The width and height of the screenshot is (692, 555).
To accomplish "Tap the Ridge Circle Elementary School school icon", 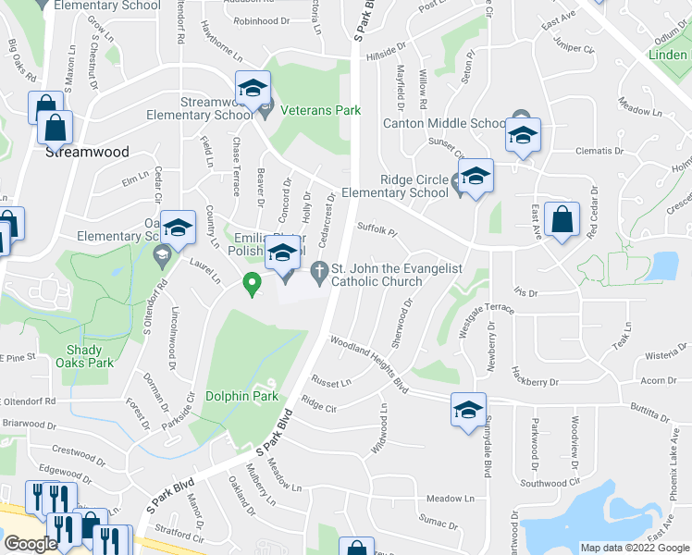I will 476,176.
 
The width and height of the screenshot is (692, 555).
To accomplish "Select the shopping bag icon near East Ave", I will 562,220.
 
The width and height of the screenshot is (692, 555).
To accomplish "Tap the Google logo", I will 31,544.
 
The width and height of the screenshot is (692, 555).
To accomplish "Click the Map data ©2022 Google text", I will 635,548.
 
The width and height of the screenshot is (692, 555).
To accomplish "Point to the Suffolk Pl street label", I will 376,228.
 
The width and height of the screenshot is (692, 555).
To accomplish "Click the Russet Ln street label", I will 331,381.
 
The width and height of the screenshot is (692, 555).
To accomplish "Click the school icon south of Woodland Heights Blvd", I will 468,408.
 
